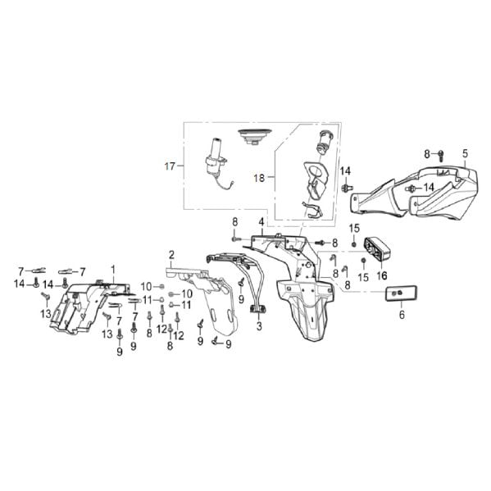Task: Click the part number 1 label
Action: (x=113, y=269)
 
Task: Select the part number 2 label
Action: (x=171, y=254)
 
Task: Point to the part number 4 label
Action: (x=261, y=222)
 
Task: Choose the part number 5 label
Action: (x=465, y=153)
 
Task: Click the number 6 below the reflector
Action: (x=402, y=314)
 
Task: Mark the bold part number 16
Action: (x=382, y=276)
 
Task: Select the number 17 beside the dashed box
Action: (x=170, y=166)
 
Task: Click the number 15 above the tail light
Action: (x=355, y=227)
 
